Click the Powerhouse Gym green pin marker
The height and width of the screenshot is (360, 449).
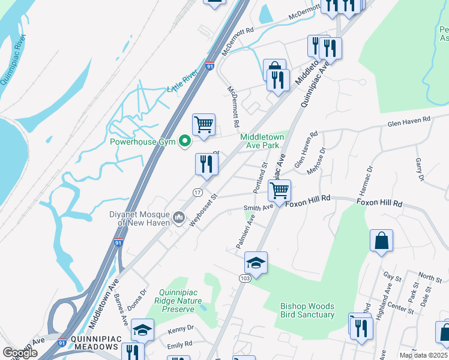(x=185, y=142)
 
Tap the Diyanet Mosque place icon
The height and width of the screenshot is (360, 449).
(x=178, y=217)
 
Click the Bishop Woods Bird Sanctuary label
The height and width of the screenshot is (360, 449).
(x=307, y=310)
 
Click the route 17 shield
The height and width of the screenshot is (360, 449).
(x=197, y=192)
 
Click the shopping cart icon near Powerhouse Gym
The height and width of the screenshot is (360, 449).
(x=203, y=125)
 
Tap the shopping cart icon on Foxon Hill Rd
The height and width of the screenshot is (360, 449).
(x=279, y=191)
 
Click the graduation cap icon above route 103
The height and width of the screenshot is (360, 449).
(x=256, y=263)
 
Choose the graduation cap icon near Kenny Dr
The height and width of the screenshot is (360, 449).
(x=142, y=330)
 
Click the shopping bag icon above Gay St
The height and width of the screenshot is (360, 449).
(x=381, y=241)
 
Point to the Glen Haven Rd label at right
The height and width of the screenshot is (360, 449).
(x=410, y=119)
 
